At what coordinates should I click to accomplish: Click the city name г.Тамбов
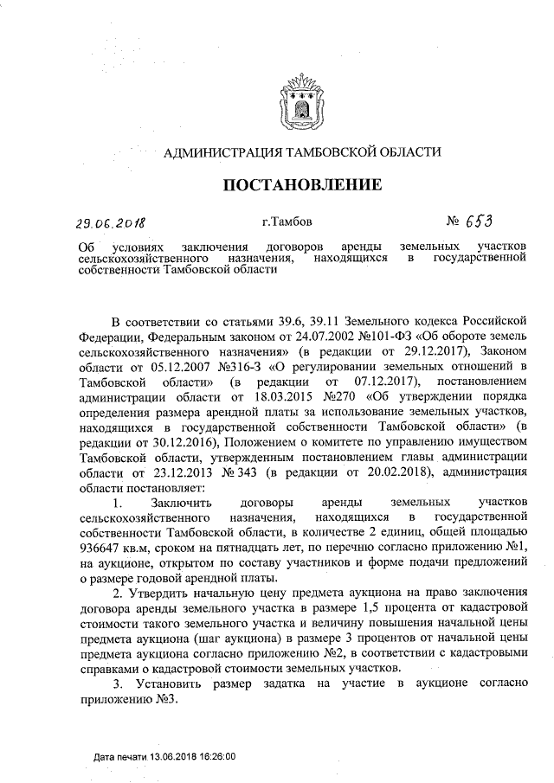coord(286,222)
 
